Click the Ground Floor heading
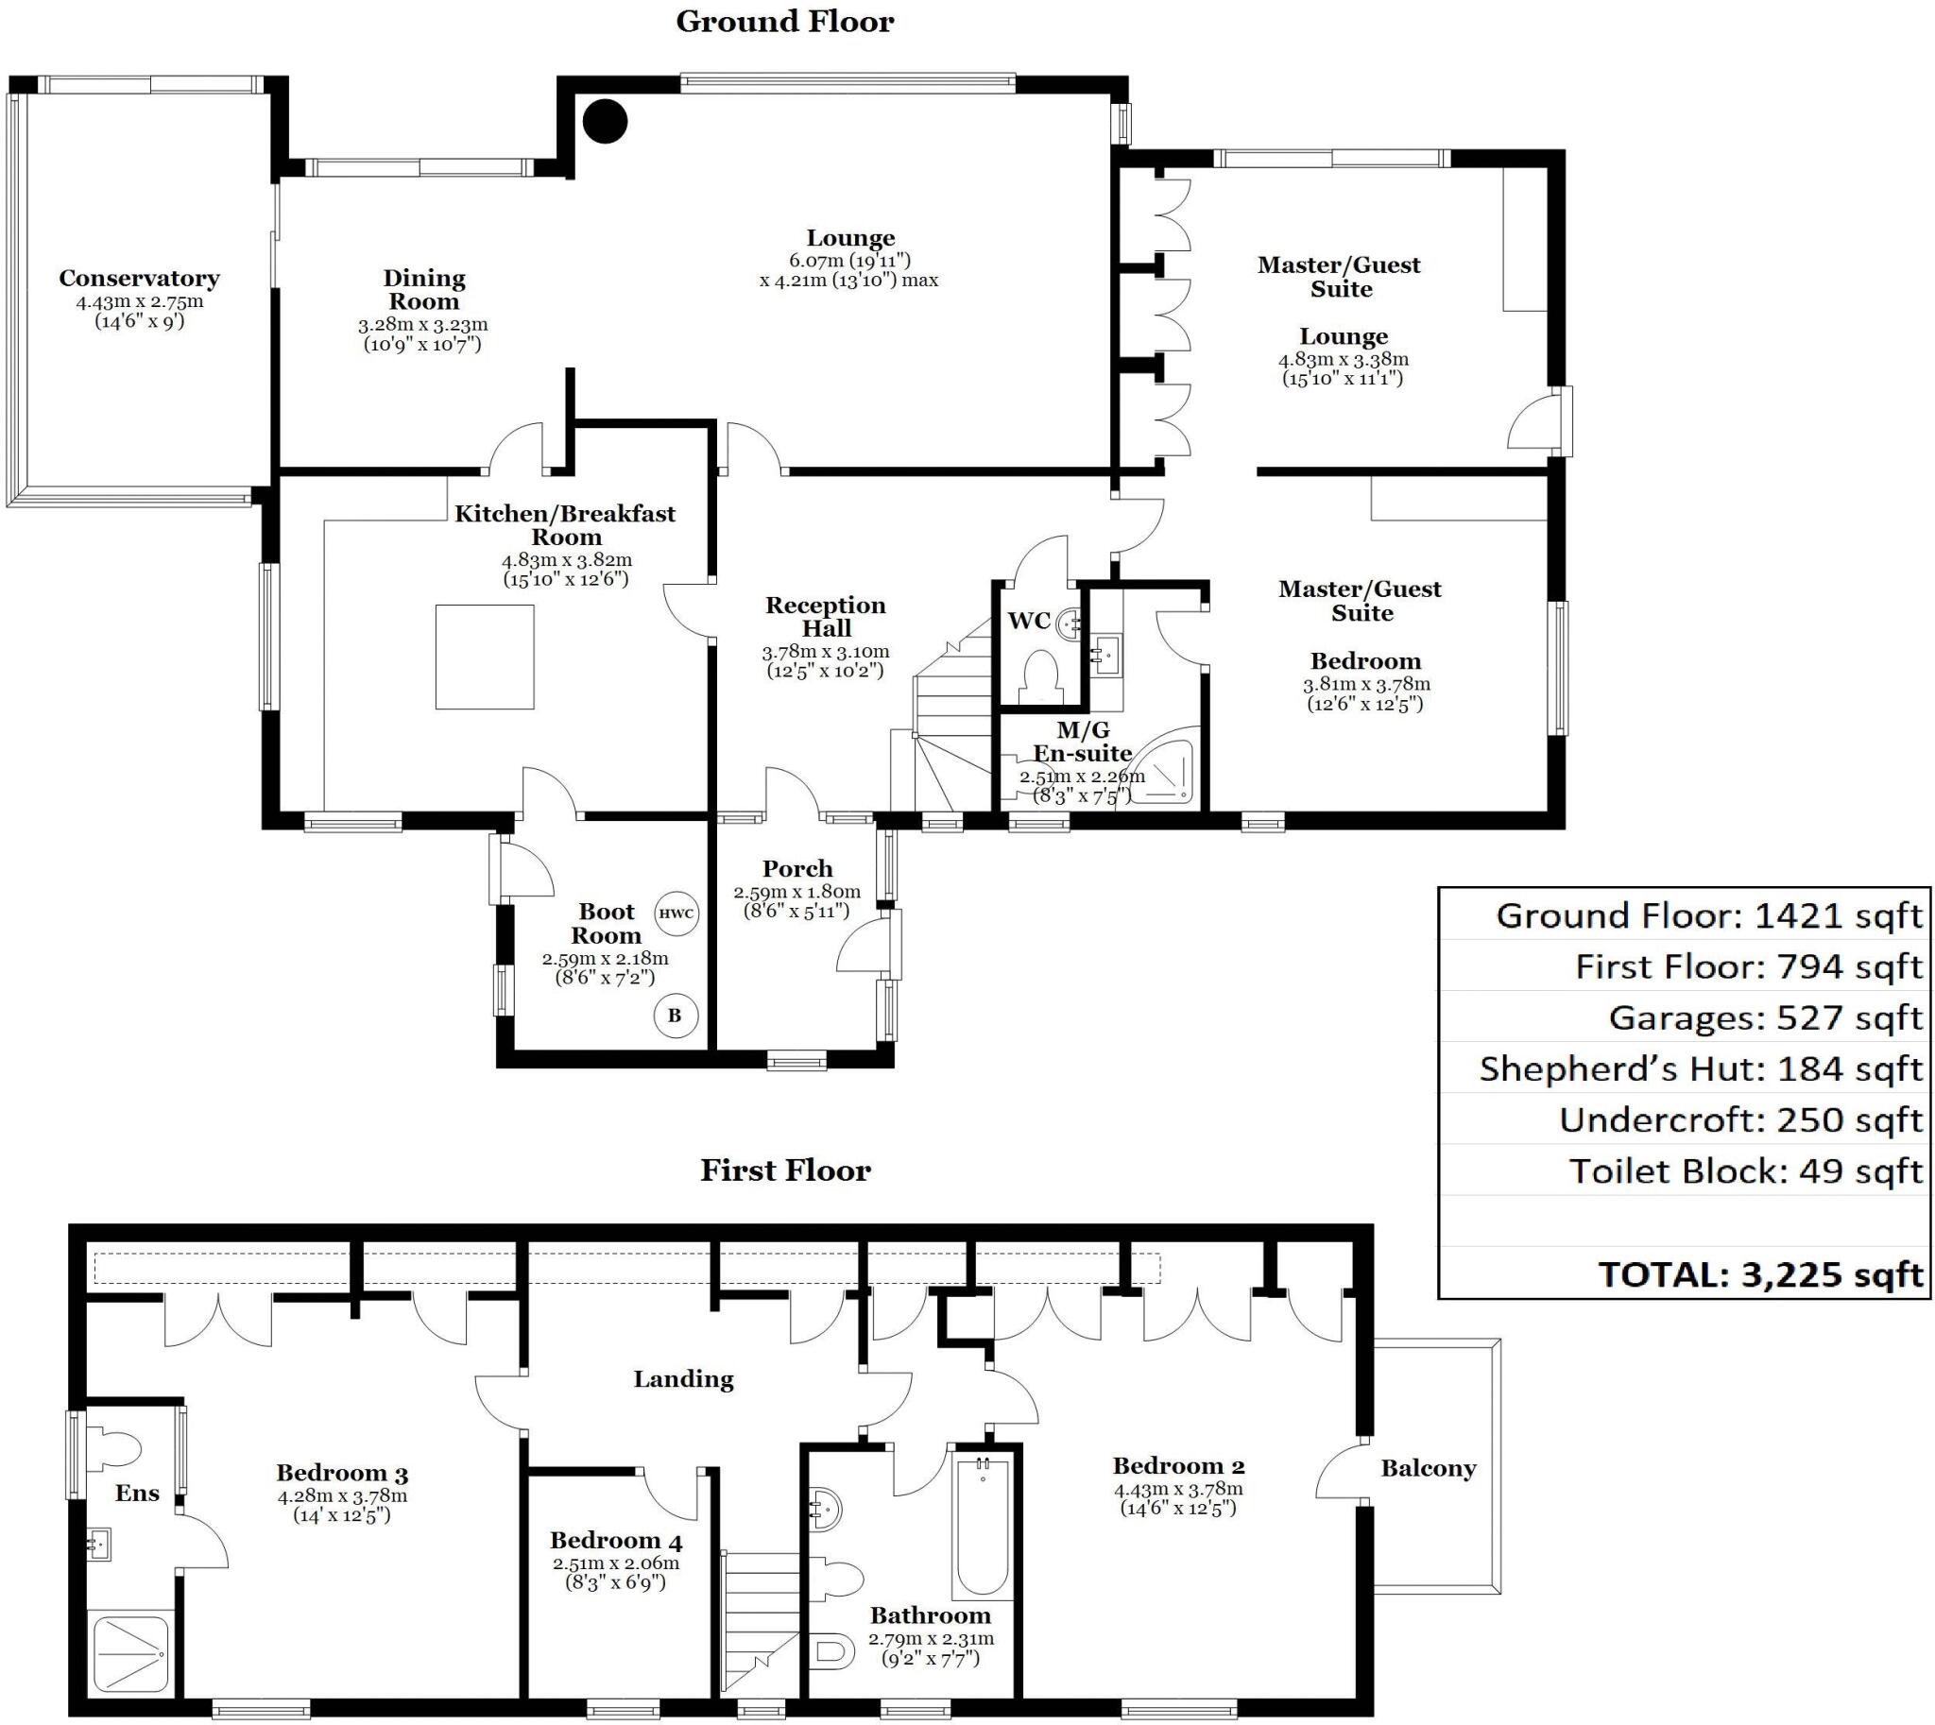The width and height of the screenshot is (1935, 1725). pos(784,22)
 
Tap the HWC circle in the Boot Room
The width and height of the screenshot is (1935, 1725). pos(676,914)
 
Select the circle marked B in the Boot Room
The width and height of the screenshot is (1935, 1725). pos(675,1016)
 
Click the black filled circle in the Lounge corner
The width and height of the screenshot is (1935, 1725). pos(605,121)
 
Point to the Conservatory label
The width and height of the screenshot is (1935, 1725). pos(140,279)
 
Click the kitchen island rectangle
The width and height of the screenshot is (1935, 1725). pos(485,657)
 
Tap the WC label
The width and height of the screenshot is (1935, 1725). pos(1029,622)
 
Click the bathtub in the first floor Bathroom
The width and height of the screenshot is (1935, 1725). pos(984,1527)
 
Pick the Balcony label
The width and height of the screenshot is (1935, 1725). pos(1428,1469)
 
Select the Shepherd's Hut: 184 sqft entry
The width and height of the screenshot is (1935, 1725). pos(1701,1069)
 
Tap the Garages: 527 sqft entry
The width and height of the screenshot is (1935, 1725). pos(1765,1018)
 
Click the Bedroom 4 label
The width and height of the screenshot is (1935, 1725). pos(615,1540)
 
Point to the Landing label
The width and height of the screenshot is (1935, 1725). pos(683,1379)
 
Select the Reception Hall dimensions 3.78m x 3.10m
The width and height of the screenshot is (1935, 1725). pos(825,652)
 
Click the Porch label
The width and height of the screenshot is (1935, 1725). pos(797,869)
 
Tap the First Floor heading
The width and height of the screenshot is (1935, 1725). pos(785,1170)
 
